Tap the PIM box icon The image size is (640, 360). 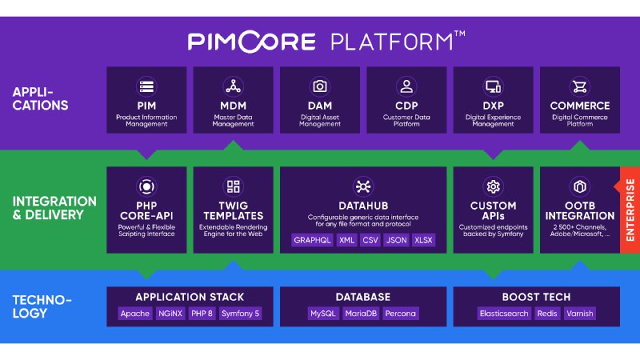click(x=146, y=86)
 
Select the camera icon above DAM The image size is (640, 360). click(x=320, y=86)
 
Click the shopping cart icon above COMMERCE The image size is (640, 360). click(x=579, y=86)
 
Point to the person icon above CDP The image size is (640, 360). click(x=406, y=86)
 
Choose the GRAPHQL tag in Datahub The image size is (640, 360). click(x=312, y=240)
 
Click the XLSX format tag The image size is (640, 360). click(x=423, y=240)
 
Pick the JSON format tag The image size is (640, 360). click(x=394, y=240)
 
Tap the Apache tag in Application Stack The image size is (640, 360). click(x=134, y=314)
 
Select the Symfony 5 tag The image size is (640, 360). click(x=242, y=314)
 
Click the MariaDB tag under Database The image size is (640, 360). click(x=361, y=314)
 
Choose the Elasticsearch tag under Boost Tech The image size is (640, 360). click(x=503, y=314)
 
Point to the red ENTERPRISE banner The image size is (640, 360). click(x=630, y=210)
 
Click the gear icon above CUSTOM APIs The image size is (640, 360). click(x=493, y=186)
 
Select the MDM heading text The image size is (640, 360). click(x=233, y=106)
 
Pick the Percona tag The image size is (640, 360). click(x=401, y=314)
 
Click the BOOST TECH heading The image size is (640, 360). click(x=536, y=297)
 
